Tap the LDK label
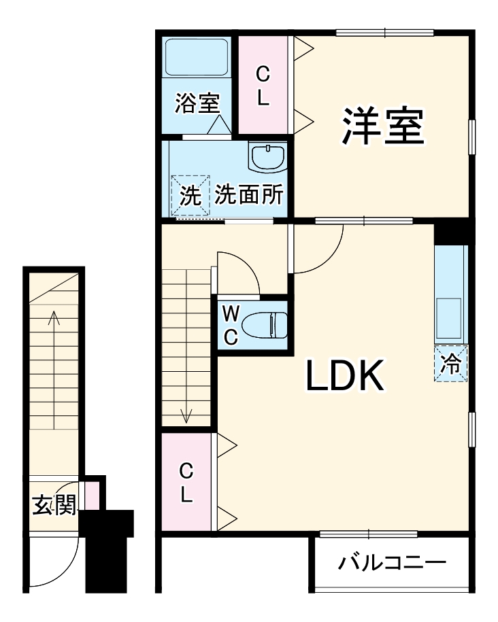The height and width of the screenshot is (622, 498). (x=346, y=375)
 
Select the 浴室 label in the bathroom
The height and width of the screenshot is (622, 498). (x=197, y=104)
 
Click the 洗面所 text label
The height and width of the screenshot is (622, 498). (x=248, y=196)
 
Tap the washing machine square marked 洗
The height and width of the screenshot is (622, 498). (x=190, y=196)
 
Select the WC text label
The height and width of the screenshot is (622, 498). (x=231, y=324)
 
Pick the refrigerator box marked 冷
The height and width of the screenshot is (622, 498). (x=450, y=364)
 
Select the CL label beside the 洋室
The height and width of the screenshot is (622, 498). (x=263, y=84)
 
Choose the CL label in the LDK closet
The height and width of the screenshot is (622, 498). (x=186, y=482)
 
